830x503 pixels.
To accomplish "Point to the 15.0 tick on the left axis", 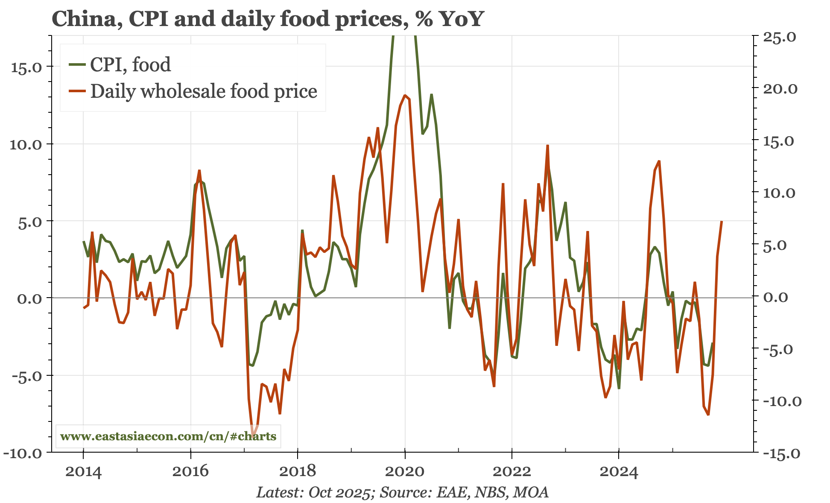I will (x=26, y=67).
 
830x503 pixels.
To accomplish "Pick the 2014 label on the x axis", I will (x=83, y=472).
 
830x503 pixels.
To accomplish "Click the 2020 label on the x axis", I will (x=405, y=472).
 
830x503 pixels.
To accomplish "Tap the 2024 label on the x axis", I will (x=619, y=472).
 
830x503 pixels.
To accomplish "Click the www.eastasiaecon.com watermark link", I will (x=168, y=436).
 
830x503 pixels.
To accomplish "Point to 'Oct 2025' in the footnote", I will (x=339, y=492).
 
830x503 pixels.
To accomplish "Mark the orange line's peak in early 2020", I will (x=404, y=95).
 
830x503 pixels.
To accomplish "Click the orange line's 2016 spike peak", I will (x=199, y=170).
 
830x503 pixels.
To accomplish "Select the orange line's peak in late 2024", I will (x=659, y=161).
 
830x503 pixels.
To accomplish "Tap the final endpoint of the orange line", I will (x=722, y=221).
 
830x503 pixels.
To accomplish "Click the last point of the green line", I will (x=712, y=343).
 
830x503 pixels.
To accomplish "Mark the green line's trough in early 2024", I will (x=619, y=388).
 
